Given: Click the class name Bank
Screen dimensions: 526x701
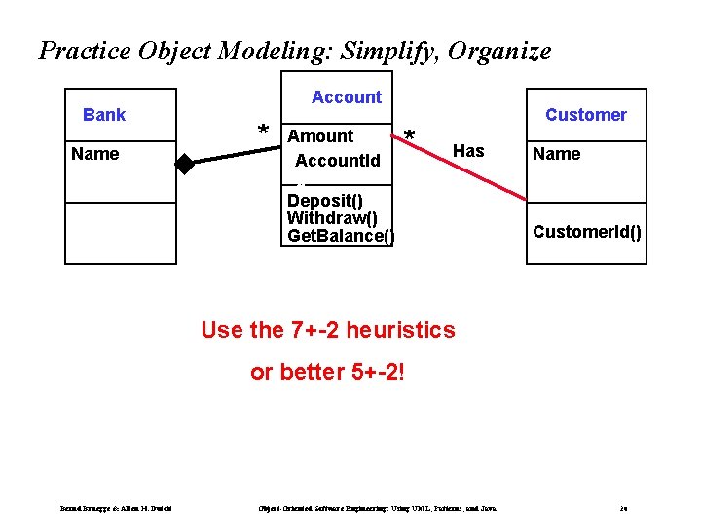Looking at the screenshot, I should tap(104, 115).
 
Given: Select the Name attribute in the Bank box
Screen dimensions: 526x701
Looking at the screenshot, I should tap(95, 154).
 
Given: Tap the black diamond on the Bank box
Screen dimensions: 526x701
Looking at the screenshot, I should tap(184, 164).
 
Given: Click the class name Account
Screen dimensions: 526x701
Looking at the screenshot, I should tap(347, 97).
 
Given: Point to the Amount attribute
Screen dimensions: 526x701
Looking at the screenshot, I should tap(321, 136).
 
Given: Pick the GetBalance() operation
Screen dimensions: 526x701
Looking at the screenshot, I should tap(341, 236).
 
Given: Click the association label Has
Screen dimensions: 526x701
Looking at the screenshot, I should tap(468, 151).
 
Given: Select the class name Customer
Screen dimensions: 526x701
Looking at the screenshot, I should tap(586, 115).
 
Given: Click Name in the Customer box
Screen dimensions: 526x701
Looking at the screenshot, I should tap(556, 154).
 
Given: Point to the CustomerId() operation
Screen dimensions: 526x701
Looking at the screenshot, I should tap(587, 232).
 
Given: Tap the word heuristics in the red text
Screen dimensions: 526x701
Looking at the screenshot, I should tap(400, 330).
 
